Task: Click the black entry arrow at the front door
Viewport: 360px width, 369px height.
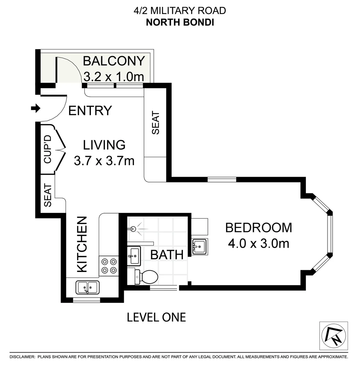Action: [x=35, y=109]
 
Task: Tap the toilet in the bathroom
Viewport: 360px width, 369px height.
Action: [x=147, y=276]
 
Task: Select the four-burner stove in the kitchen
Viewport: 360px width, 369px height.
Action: [x=109, y=266]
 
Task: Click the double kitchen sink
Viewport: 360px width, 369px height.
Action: [x=87, y=287]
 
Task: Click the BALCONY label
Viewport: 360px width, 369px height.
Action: [x=114, y=61]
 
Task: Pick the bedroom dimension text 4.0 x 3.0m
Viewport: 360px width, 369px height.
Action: [x=259, y=243]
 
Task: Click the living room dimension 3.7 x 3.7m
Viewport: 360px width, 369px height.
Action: [x=104, y=160]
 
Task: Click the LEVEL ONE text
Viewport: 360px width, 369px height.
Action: [x=156, y=317]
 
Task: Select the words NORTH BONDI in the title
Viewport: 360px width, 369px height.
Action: [x=180, y=22]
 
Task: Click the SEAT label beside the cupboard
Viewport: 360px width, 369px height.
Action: [x=48, y=195]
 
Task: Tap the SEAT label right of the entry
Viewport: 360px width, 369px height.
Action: [x=155, y=123]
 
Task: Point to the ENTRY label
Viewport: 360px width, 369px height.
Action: [x=90, y=111]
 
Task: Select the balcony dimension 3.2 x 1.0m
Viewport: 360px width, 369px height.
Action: [x=114, y=77]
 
